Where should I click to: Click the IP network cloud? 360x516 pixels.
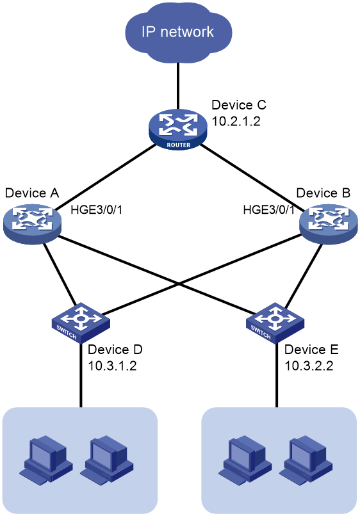click(179, 32)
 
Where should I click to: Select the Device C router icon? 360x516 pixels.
click(178, 129)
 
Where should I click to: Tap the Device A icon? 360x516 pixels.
click(32, 224)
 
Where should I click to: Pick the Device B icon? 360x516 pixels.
click(328, 224)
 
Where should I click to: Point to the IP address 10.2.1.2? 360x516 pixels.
click(236, 122)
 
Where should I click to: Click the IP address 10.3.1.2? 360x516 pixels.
click(112, 366)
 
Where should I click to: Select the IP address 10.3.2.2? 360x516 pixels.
click(309, 366)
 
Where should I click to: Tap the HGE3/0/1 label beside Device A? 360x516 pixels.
click(96, 209)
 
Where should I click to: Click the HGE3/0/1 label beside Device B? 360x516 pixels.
click(269, 209)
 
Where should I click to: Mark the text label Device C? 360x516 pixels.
click(239, 105)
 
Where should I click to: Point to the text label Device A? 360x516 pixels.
click(32, 193)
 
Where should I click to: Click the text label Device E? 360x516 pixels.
click(311, 349)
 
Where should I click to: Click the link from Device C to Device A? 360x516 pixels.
click(106, 177)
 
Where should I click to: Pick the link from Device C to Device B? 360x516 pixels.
click(252, 177)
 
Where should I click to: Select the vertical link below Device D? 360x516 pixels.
click(81, 375)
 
